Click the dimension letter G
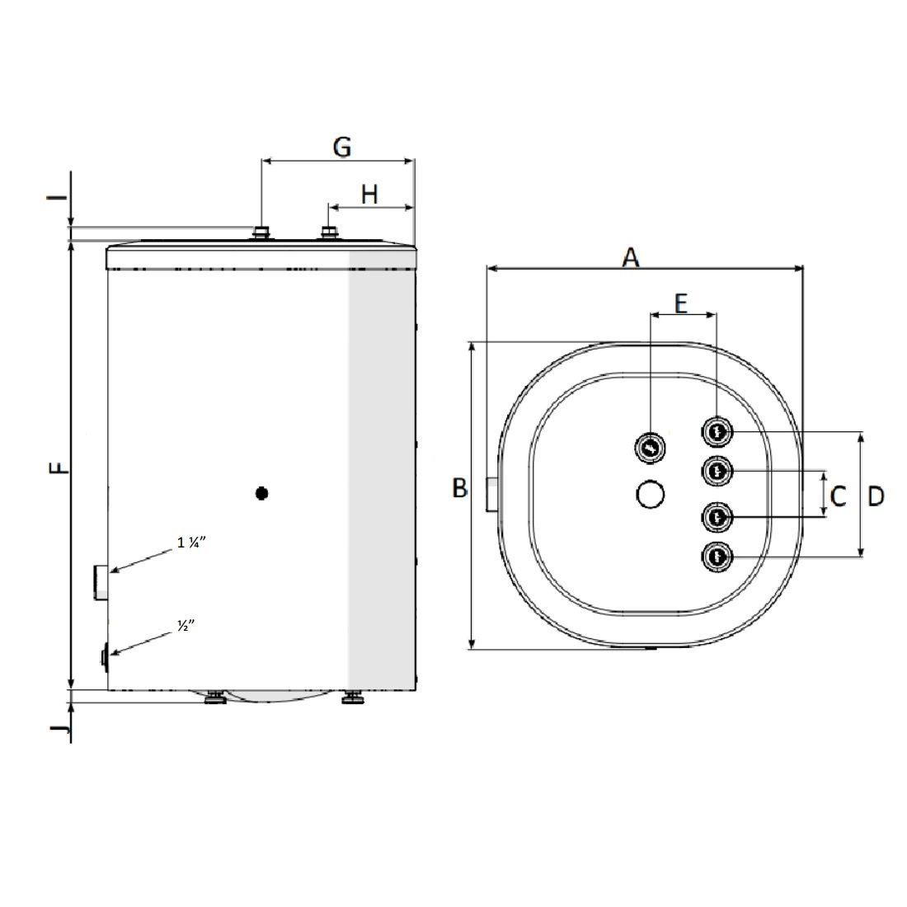pos(342,147)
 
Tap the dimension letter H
pos(369,195)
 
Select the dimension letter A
pos(631,256)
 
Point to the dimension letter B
pos(460,488)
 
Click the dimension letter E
pos(681,303)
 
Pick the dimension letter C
pos(839,496)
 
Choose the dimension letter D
pos(876,496)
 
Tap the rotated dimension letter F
pos(59,468)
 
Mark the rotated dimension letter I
pos(57,197)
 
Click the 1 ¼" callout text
pos(191,543)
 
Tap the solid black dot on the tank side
pos(262,493)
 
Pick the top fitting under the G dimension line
pos(261,233)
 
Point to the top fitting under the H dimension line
pos(329,233)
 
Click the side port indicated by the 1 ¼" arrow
pos(101,582)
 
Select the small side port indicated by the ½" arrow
pos(105,657)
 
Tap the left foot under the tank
pos(216,697)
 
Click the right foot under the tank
pos(353,697)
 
